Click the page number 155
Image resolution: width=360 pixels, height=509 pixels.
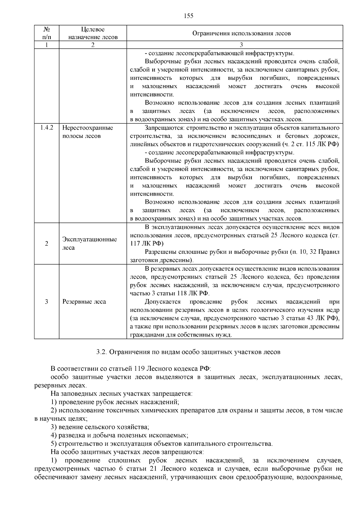pyautogui.click(x=188, y=16)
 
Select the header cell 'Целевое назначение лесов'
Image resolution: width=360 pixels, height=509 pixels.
pyautogui.click(x=93, y=33)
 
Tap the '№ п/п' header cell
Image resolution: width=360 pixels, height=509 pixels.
pyautogui.click(x=46, y=33)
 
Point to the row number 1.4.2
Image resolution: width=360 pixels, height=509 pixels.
pyautogui.click(x=46, y=128)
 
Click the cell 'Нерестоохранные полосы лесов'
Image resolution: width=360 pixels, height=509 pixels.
pyautogui.click(x=88, y=132)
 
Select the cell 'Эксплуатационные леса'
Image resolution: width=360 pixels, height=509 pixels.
pyautogui.click(x=89, y=244)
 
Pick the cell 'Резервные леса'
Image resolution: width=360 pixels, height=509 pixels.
pyautogui.click(x=84, y=302)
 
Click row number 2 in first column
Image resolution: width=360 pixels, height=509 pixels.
pyautogui.click(x=46, y=244)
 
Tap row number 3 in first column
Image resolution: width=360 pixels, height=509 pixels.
pyautogui.click(x=46, y=302)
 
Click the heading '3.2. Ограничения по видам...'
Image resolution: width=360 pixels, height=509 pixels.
pyautogui.click(x=188, y=352)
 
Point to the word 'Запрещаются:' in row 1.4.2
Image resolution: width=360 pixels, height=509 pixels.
pyautogui.click(x=165, y=128)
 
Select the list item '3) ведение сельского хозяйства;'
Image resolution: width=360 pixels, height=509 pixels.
pyautogui.click(x=100, y=427)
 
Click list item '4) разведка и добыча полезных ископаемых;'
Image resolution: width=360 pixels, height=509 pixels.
pyautogui.click(x=119, y=435)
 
